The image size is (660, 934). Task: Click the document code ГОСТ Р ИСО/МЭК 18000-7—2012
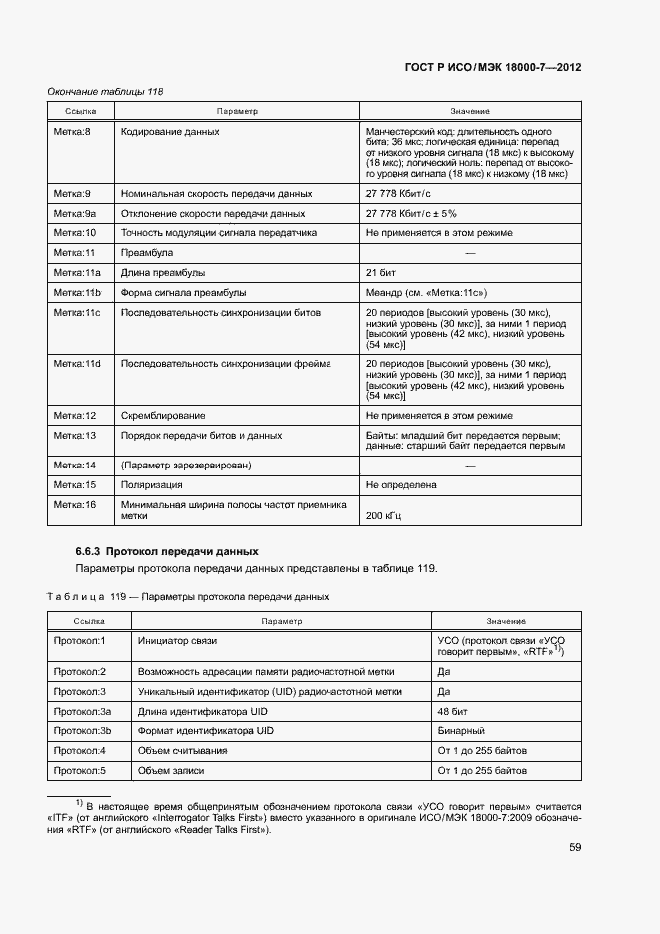(x=493, y=68)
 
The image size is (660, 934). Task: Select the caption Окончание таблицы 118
(x=106, y=92)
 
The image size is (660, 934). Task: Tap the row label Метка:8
(x=72, y=132)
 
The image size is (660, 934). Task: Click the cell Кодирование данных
(x=170, y=132)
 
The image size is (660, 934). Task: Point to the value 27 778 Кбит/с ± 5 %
(x=411, y=213)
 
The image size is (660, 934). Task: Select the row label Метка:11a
(x=75, y=273)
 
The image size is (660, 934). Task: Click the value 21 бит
(x=382, y=273)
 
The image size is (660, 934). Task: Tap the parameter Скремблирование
(x=163, y=415)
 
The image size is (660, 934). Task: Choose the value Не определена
(x=401, y=485)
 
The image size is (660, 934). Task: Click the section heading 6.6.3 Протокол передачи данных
(x=167, y=551)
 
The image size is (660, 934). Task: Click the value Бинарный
(x=461, y=730)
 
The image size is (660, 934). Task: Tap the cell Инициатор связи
(x=178, y=639)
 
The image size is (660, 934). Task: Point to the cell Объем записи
(x=171, y=770)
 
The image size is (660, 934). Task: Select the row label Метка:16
(x=74, y=505)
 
